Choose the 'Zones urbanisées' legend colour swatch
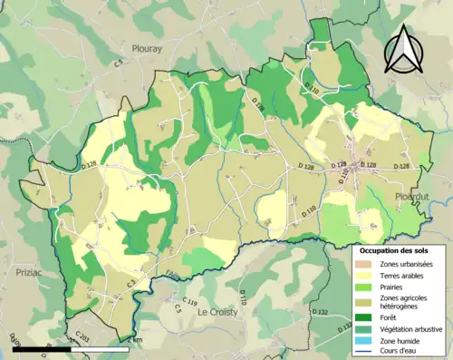(x=366, y=263)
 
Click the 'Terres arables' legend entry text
(x=403, y=275)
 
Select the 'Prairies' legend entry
(x=395, y=287)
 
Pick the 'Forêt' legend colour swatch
(x=366, y=317)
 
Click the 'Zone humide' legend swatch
(x=366, y=341)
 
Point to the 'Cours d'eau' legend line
(x=366, y=352)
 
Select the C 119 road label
(x=189, y=301)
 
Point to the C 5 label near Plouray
(x=118, y=63)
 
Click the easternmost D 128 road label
(x=401, y=167)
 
